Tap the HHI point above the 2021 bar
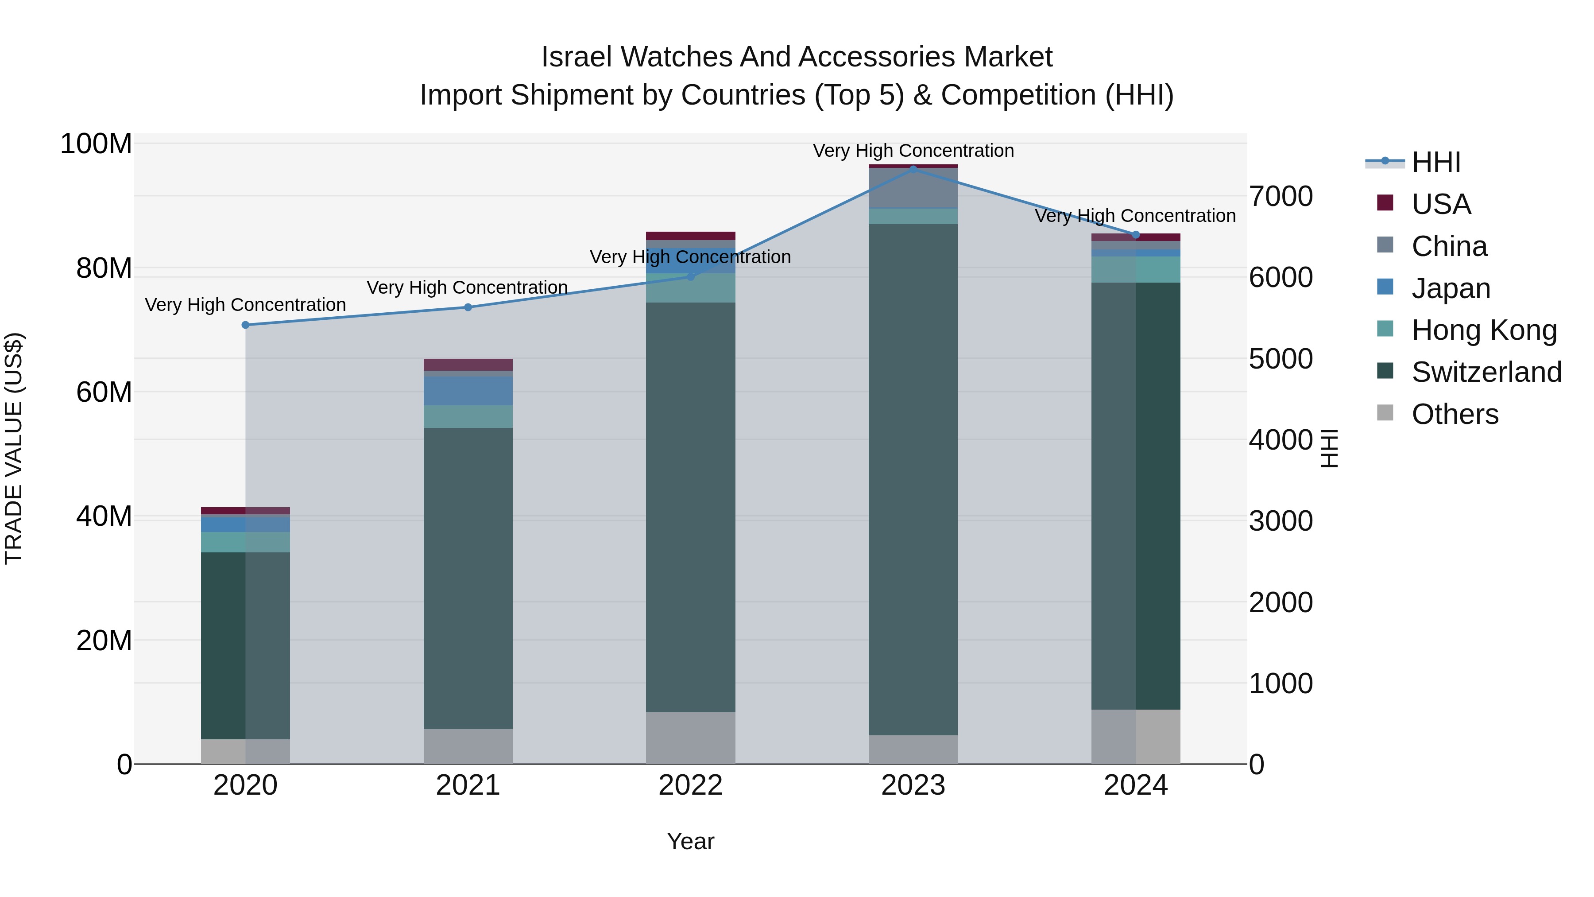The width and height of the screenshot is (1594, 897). click(x=468, y=307)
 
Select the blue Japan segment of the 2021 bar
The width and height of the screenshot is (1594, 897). click(x=468, y=391)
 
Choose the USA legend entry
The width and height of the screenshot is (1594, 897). click(x=1440, y=204)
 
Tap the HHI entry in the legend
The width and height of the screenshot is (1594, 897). click(x=1435, y=162)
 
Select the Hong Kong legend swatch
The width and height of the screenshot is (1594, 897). click(x=1385, y=329)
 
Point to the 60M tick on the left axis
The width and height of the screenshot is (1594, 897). click(x=104, y=392)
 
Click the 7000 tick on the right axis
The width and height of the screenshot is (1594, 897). click(x=1280, y=196)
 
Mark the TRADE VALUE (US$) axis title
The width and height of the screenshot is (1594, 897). click(x=14, y=448)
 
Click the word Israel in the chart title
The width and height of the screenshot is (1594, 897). click(x=576, y=57)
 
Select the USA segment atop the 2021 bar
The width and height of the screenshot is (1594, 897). click(x=468, y=365)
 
